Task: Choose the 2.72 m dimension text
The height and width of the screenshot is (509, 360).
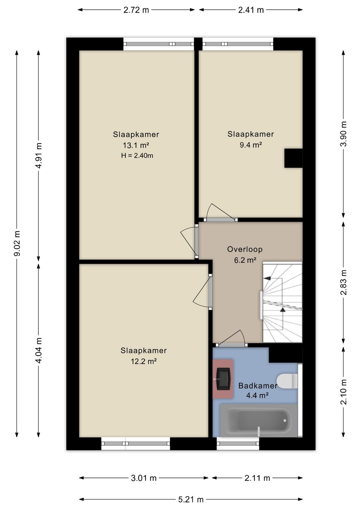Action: point(136,10)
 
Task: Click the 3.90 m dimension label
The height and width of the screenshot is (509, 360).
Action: point(343,134)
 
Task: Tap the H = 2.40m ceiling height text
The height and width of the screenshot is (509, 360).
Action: point(137,156)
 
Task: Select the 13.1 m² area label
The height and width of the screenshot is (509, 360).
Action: point(136,145)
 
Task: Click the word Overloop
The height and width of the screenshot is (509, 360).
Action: point(245,249)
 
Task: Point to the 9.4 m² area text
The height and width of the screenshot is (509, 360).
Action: point(251,145)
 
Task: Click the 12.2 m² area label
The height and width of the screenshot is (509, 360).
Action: point(144,361)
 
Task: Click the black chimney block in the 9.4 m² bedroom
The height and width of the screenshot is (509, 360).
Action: point(293,158)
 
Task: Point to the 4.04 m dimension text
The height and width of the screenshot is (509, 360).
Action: point(39,350)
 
